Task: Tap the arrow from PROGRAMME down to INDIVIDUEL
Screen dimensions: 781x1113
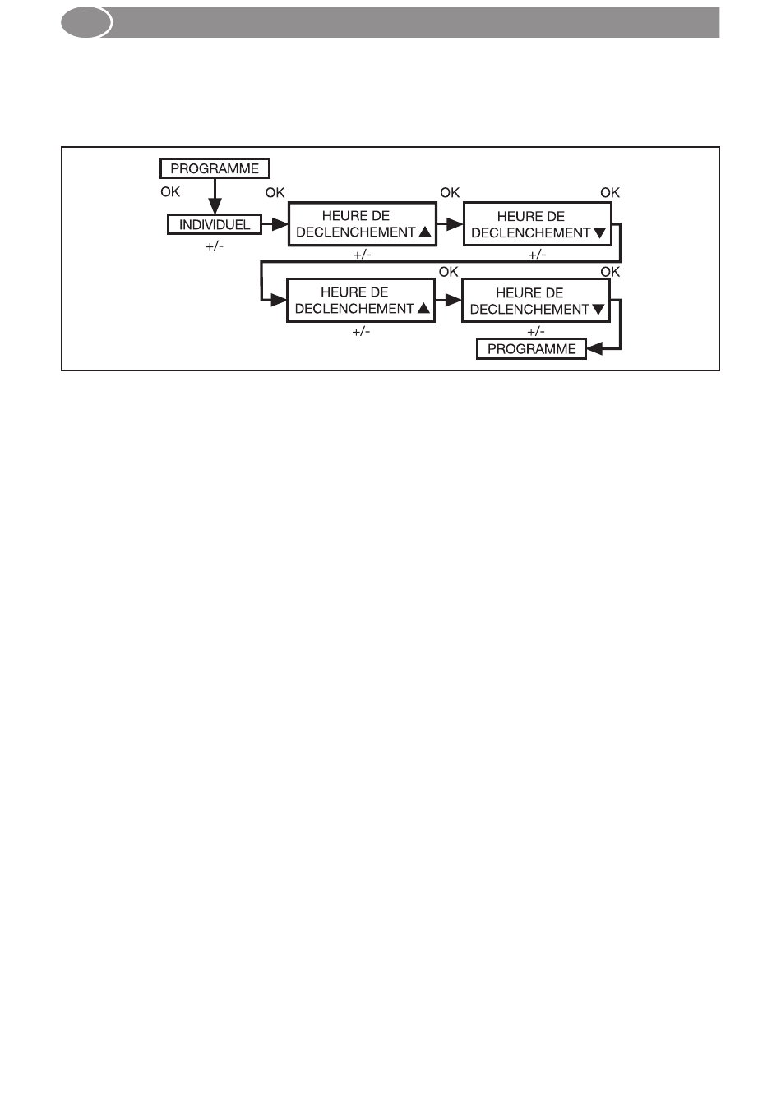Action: [215, 196]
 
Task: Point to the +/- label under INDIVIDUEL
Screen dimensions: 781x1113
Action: [215, 246]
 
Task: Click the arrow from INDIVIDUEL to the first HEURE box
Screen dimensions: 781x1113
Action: [275, 224]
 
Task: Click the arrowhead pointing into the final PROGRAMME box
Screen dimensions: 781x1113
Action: [595, 349]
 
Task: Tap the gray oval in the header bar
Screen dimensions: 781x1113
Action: [86, 22]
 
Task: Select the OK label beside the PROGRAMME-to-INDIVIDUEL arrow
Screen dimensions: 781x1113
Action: [170, 191]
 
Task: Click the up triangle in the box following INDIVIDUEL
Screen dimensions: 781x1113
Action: [425, 232]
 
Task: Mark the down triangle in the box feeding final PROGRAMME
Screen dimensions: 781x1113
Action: [598, 309]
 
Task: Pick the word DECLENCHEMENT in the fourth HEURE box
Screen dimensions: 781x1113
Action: [529, 310]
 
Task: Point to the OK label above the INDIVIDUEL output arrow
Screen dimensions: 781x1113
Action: [275, 192]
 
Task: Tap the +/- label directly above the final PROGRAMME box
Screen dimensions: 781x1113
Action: [536, 331]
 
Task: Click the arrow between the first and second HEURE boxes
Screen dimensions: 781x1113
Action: [451, 224]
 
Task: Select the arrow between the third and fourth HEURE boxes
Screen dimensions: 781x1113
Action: [449, 300]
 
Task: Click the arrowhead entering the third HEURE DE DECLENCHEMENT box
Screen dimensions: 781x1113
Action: [279, 300]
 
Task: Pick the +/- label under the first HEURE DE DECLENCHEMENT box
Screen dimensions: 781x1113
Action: [363, 255]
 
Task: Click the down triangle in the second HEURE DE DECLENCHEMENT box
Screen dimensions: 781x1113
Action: [600, 232]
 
